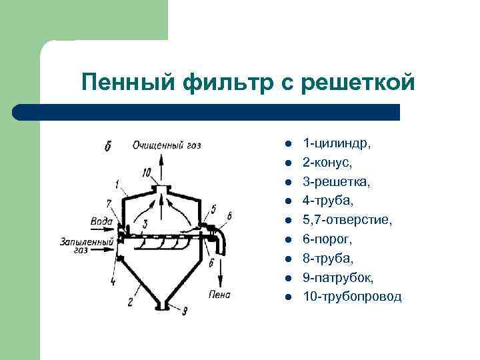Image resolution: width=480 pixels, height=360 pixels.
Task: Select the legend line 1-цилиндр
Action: click(337, 143)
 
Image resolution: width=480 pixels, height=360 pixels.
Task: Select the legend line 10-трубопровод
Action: click(352, 296)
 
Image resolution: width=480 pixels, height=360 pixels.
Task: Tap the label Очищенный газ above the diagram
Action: click(167, 145)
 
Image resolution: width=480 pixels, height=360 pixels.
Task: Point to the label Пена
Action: click(219, 294)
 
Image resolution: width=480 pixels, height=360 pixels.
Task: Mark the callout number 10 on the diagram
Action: click(146, 173)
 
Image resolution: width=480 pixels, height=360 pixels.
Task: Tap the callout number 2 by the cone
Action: click(131, 301)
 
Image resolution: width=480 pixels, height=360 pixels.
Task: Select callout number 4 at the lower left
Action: click(112, 281)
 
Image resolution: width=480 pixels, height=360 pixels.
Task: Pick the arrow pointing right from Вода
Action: click(118, 223)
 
